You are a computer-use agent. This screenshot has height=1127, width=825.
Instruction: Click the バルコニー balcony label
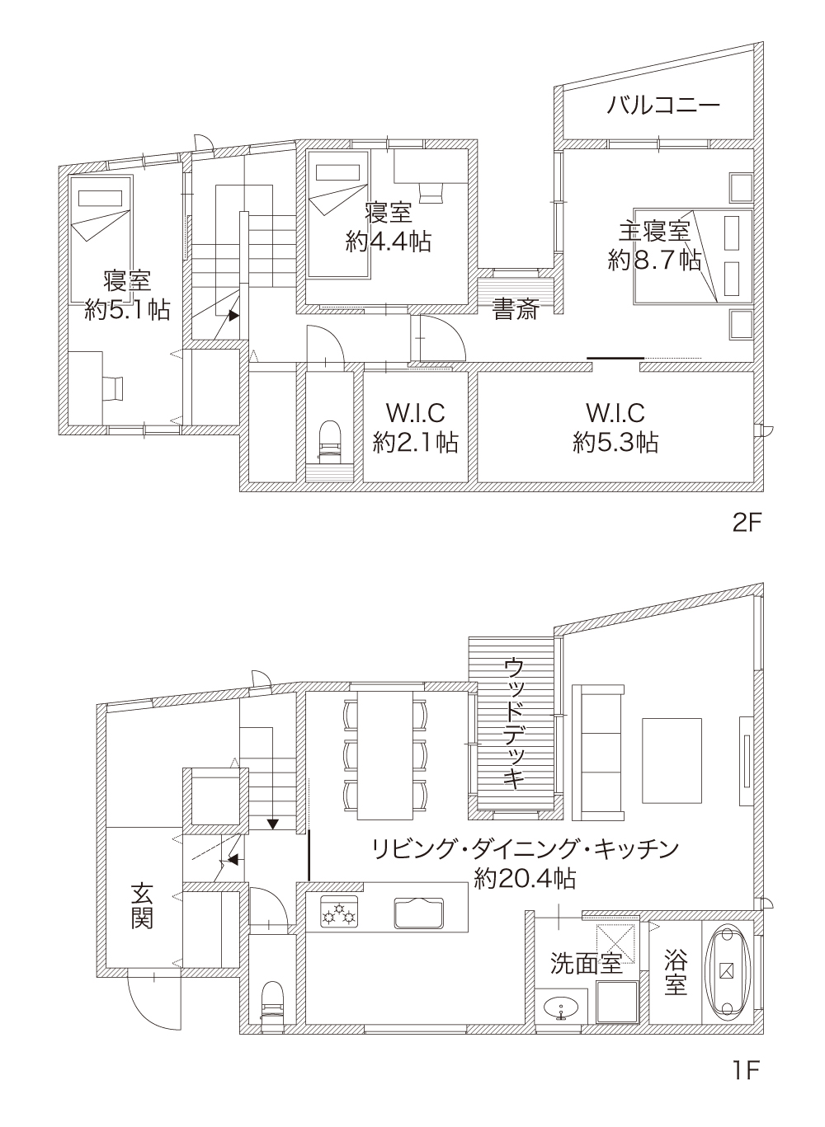click(663, 106)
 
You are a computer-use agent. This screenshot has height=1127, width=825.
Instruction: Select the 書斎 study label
click(516, 308)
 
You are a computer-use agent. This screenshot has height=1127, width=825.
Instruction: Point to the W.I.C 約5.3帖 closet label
click(615, 428)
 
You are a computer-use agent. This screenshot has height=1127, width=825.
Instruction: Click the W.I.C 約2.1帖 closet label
click(415, 428)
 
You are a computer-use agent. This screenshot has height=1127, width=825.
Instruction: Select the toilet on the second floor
click(330, 440)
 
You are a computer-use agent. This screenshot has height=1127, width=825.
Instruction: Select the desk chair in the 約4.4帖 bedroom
click(431, 194)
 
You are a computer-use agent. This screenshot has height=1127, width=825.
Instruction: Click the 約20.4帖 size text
click(525, 879)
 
